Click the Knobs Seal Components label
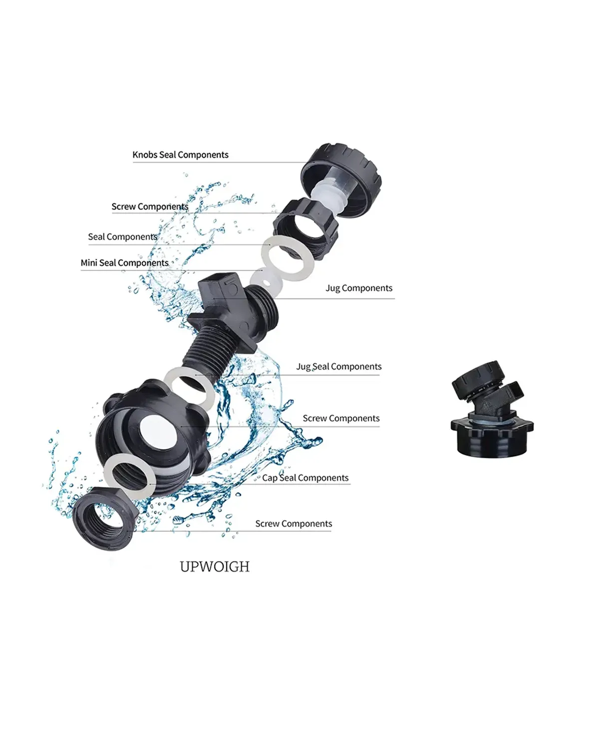click(x=180, y=155)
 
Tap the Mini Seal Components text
click(x=125, y=263)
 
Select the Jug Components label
click(x=359, y=288)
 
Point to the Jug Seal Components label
click(x=338, y=367)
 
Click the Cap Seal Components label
click(x=305, y=478)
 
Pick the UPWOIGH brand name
click(x=215, y=567)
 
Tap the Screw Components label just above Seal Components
click(x=150, y=207)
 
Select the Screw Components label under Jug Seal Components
click(x=341, y=418)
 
